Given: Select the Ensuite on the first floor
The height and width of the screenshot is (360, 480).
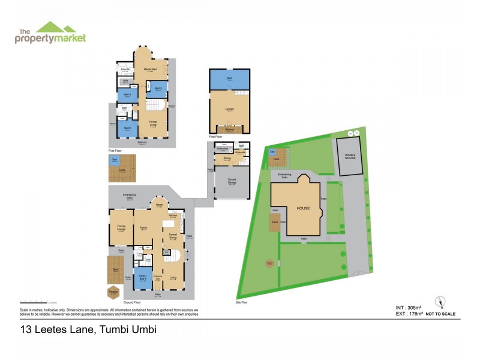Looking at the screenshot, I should [x=125, y=71].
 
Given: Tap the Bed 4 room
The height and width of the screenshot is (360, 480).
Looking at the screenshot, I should [x=127, y=95].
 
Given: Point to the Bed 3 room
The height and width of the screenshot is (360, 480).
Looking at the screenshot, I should [x=158, y=89].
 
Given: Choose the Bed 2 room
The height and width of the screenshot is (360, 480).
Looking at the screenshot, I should [x=127, y=128].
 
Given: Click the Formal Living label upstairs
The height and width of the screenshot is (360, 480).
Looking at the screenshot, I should [x=153, y=125].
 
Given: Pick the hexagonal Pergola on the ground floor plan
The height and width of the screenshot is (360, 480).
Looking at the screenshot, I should [x=113, y=292].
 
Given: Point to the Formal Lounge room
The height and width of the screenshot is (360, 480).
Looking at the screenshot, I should [x=121, y=227].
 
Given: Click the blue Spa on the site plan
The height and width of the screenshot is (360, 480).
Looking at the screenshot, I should [x=272, y=152].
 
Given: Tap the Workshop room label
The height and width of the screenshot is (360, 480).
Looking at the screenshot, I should [x=222, y=149].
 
